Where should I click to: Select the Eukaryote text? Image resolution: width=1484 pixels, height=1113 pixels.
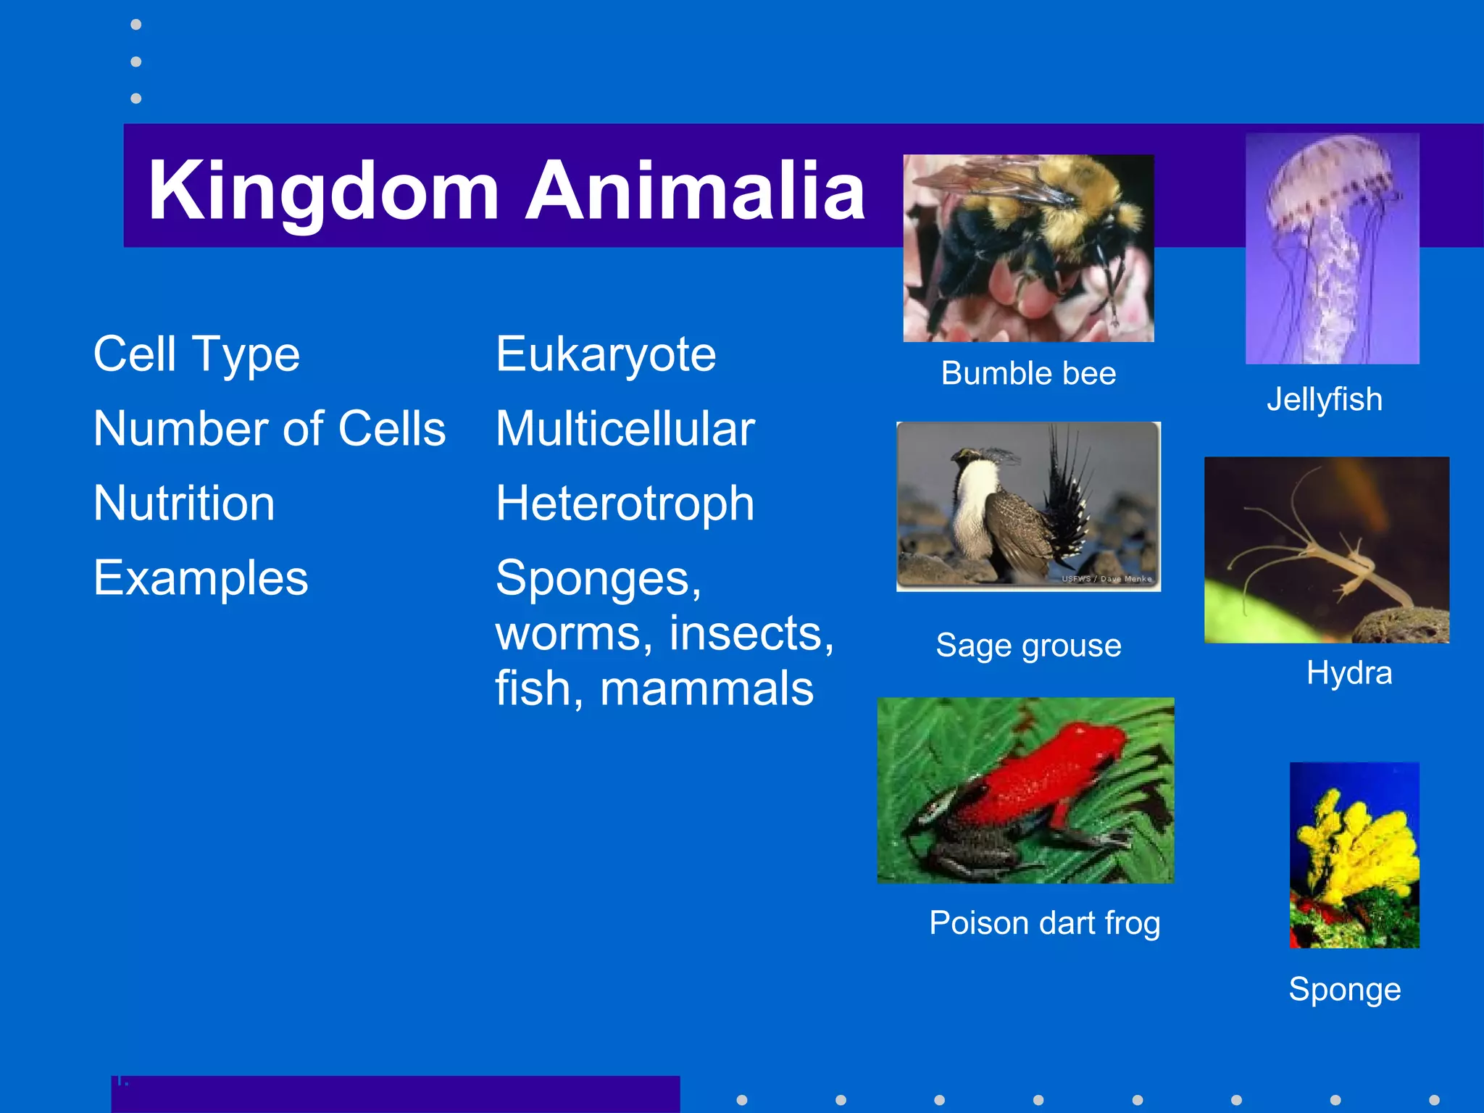pos(606,354)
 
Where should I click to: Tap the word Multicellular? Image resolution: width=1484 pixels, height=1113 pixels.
pos(625,429)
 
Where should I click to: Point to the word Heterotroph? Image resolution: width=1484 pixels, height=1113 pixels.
pos(625,504)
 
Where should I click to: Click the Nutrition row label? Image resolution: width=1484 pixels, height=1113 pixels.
pos(184,504)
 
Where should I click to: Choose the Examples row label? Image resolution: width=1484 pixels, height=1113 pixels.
pos(201,578)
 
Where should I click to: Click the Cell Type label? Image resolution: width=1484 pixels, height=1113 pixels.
pos(196,354)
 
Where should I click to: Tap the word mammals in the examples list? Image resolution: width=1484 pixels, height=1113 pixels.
pos(706,688)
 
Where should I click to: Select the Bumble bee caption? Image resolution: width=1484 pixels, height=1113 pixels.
pos(1028,374)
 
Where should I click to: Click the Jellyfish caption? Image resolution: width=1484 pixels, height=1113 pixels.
pos(1324,400)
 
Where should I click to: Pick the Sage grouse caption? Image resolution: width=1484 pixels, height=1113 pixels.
pos(1028,645)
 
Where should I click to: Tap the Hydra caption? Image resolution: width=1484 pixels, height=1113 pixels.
pos(1348,673)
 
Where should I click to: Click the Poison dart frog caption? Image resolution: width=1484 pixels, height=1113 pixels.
pos(1044,923)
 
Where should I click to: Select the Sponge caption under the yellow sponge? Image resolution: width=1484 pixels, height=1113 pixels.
pos(1344,990)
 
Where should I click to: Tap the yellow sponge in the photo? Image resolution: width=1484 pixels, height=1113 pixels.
pos(1355,848)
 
